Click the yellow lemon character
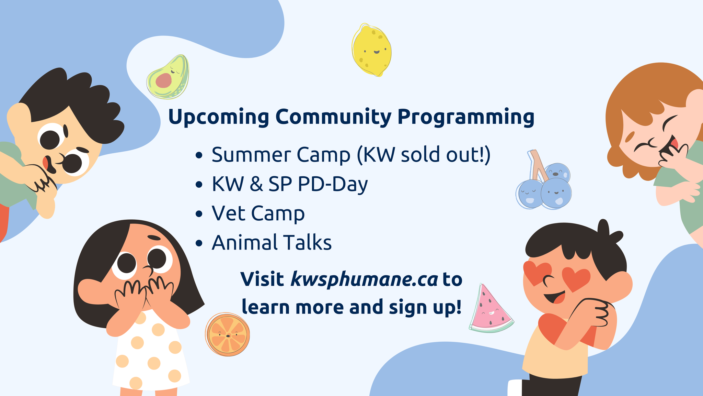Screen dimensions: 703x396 [372, 50]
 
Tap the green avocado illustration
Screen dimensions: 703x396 [168, 77]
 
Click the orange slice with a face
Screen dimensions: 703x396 [228, 334]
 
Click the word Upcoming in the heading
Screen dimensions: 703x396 [219, 117]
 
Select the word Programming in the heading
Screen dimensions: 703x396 [466, 117]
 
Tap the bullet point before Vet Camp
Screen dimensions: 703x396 [199, 214]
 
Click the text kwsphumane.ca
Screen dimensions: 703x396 [364, 279]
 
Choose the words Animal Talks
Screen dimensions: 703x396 [272, 243]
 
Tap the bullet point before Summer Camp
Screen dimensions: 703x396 [199, 155]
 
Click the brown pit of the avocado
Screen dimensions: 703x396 [163, 80]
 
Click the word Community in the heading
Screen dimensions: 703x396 [333, 117]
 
